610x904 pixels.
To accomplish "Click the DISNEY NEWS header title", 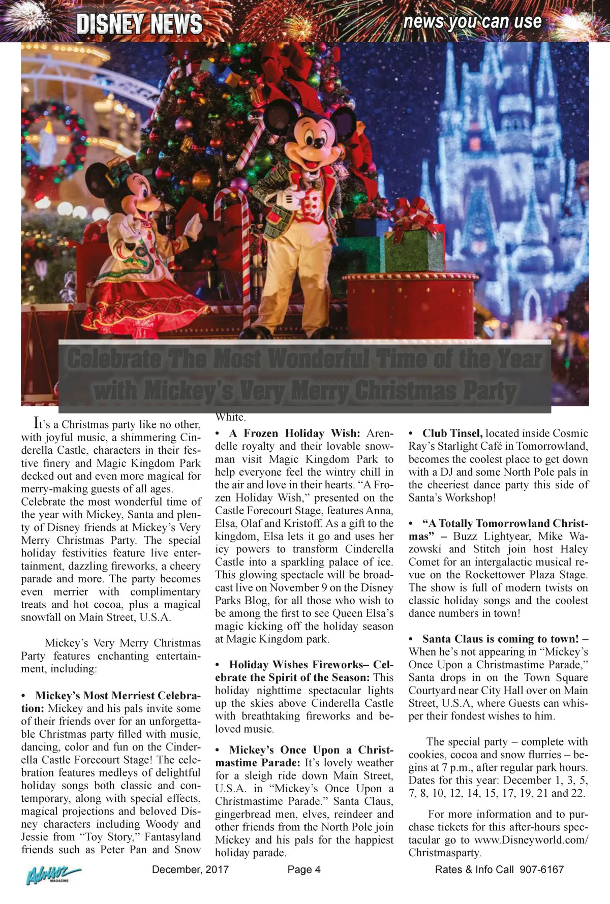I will pyautogui.click(x=139, y=23).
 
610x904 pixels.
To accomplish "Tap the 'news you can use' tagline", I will pyautogui.click(x=472, y=21).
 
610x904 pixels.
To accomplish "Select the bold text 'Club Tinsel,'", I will pyautogui.click(x=452, y=433).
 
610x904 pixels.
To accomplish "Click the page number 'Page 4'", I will pyautogui.click(x=304, y=869).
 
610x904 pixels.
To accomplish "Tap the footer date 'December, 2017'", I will pyautogui.click(x=191, y=869).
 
